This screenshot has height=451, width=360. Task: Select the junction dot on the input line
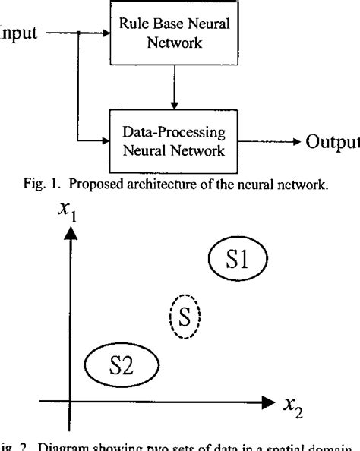pyautogui.click(x=78, y=33)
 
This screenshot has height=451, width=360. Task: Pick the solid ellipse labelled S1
pyautogui.click(x=238, y=262)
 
